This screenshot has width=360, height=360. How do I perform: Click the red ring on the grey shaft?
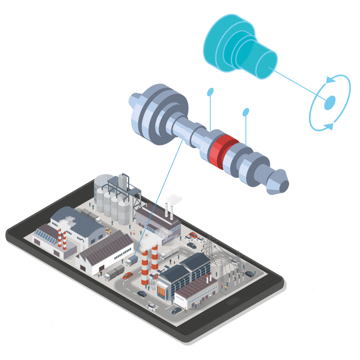point(222,150)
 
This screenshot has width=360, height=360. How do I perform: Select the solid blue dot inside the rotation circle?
point(330,103)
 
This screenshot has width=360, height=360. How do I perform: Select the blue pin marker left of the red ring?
point(210,92)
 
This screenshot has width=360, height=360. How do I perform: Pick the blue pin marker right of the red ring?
point(246,112)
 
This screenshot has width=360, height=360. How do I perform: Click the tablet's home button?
point(233,302)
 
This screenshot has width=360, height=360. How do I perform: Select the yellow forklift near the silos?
point(108,231)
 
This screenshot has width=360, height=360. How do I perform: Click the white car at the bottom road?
point(152,307)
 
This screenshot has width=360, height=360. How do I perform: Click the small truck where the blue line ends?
point(132,261)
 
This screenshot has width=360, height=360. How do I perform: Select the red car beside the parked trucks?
point(128,275)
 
